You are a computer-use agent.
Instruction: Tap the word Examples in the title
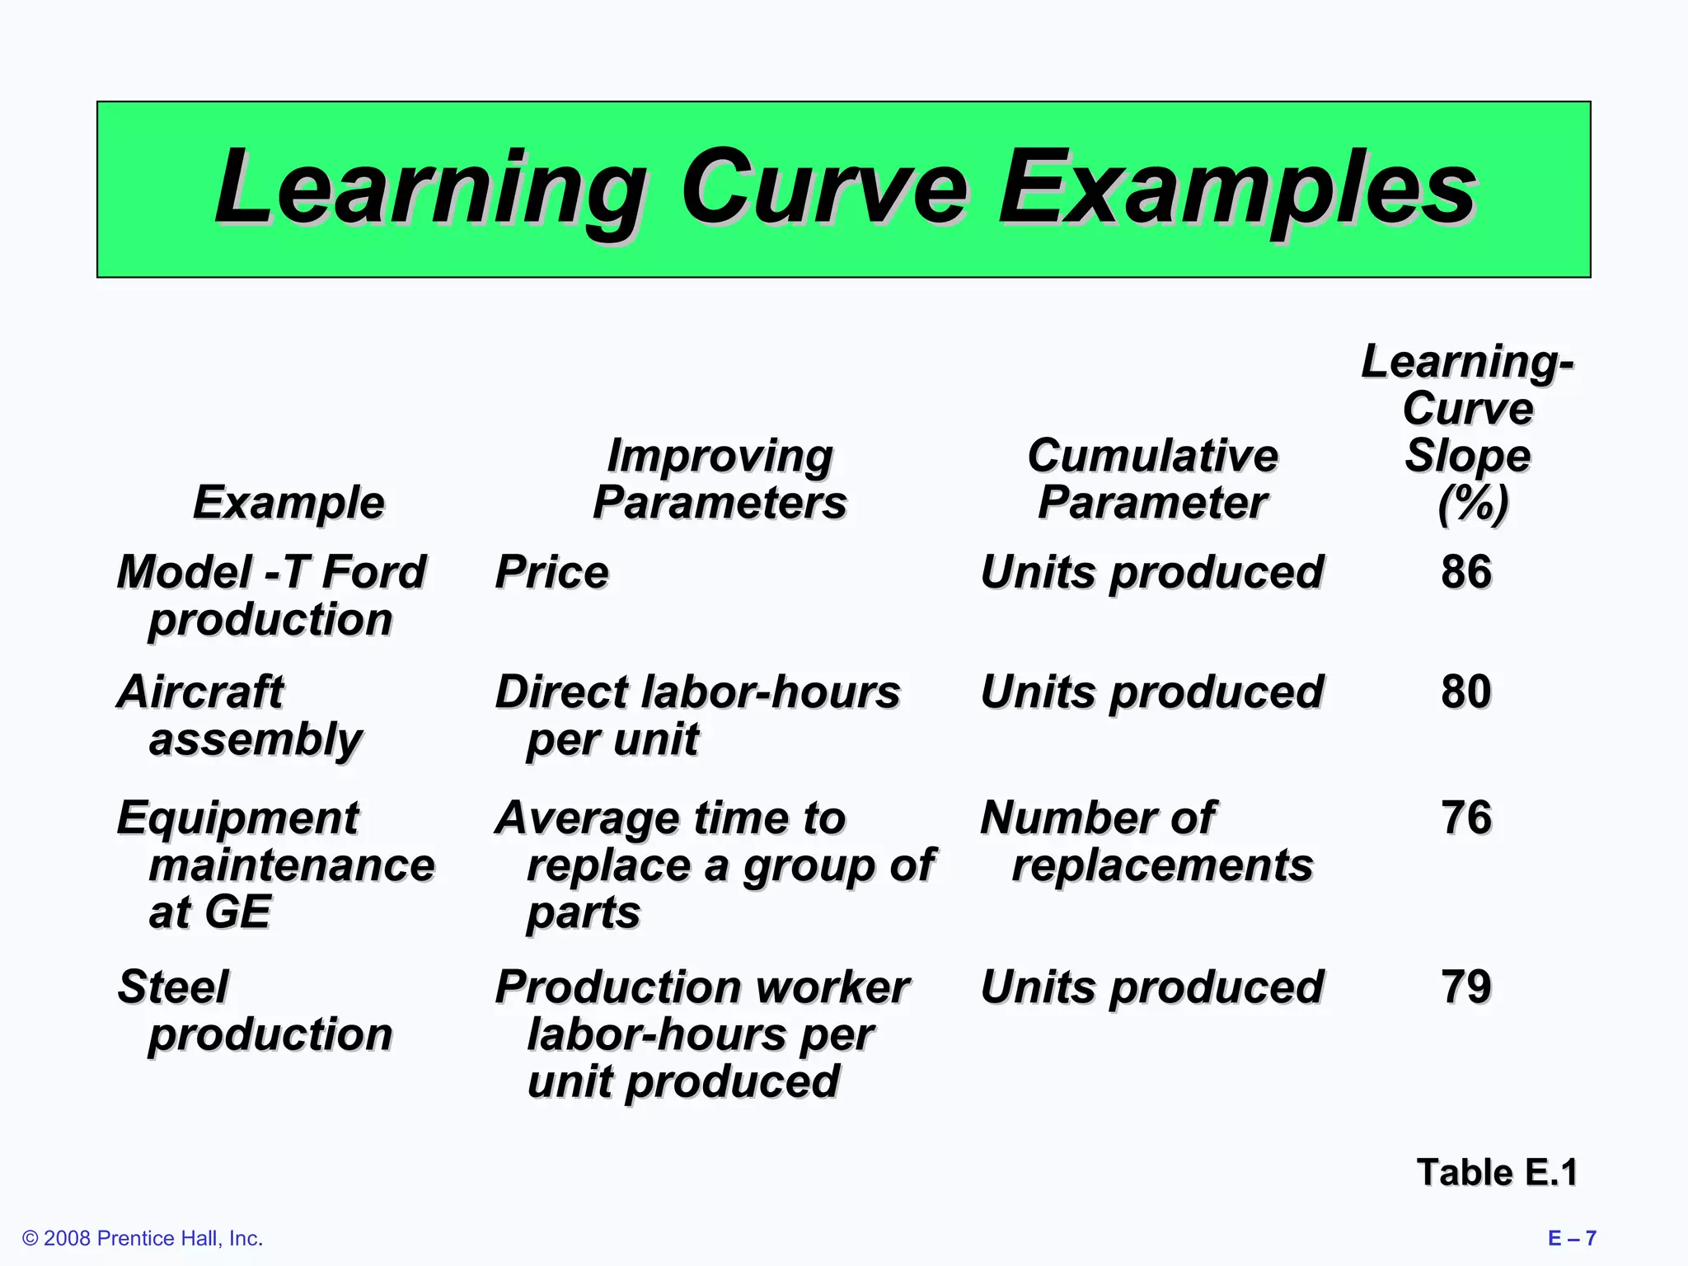(x=1236, y=190)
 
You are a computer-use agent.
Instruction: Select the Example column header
(x=288, y=502)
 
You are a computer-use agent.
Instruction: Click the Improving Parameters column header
(x=720, y=479)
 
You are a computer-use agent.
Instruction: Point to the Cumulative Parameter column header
(x=1152, y=479)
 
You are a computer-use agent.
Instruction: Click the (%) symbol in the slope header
(x=1472, y=504)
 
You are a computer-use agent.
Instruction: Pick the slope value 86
(x=1466, y=571)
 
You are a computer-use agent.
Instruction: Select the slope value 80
(x=1466, y=691)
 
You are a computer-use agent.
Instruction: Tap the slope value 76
(x=1466, y=818)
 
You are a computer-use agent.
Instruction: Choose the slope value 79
(x=1466, y=987)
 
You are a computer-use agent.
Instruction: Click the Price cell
(x=551, y=572)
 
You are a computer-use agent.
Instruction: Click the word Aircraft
(x=200, y=691)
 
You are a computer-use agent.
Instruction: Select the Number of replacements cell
(x=1146, y=842)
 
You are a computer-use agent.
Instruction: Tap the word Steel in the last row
(x=173, y=987)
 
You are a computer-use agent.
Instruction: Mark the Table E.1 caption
(x=1496, y=1172)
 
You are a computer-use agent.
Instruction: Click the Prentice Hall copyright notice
(x=143, y=1238)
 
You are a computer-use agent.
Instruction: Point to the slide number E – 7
(x=1572, y=1238)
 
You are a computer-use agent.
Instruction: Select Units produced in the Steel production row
(x=1151, y=987)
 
